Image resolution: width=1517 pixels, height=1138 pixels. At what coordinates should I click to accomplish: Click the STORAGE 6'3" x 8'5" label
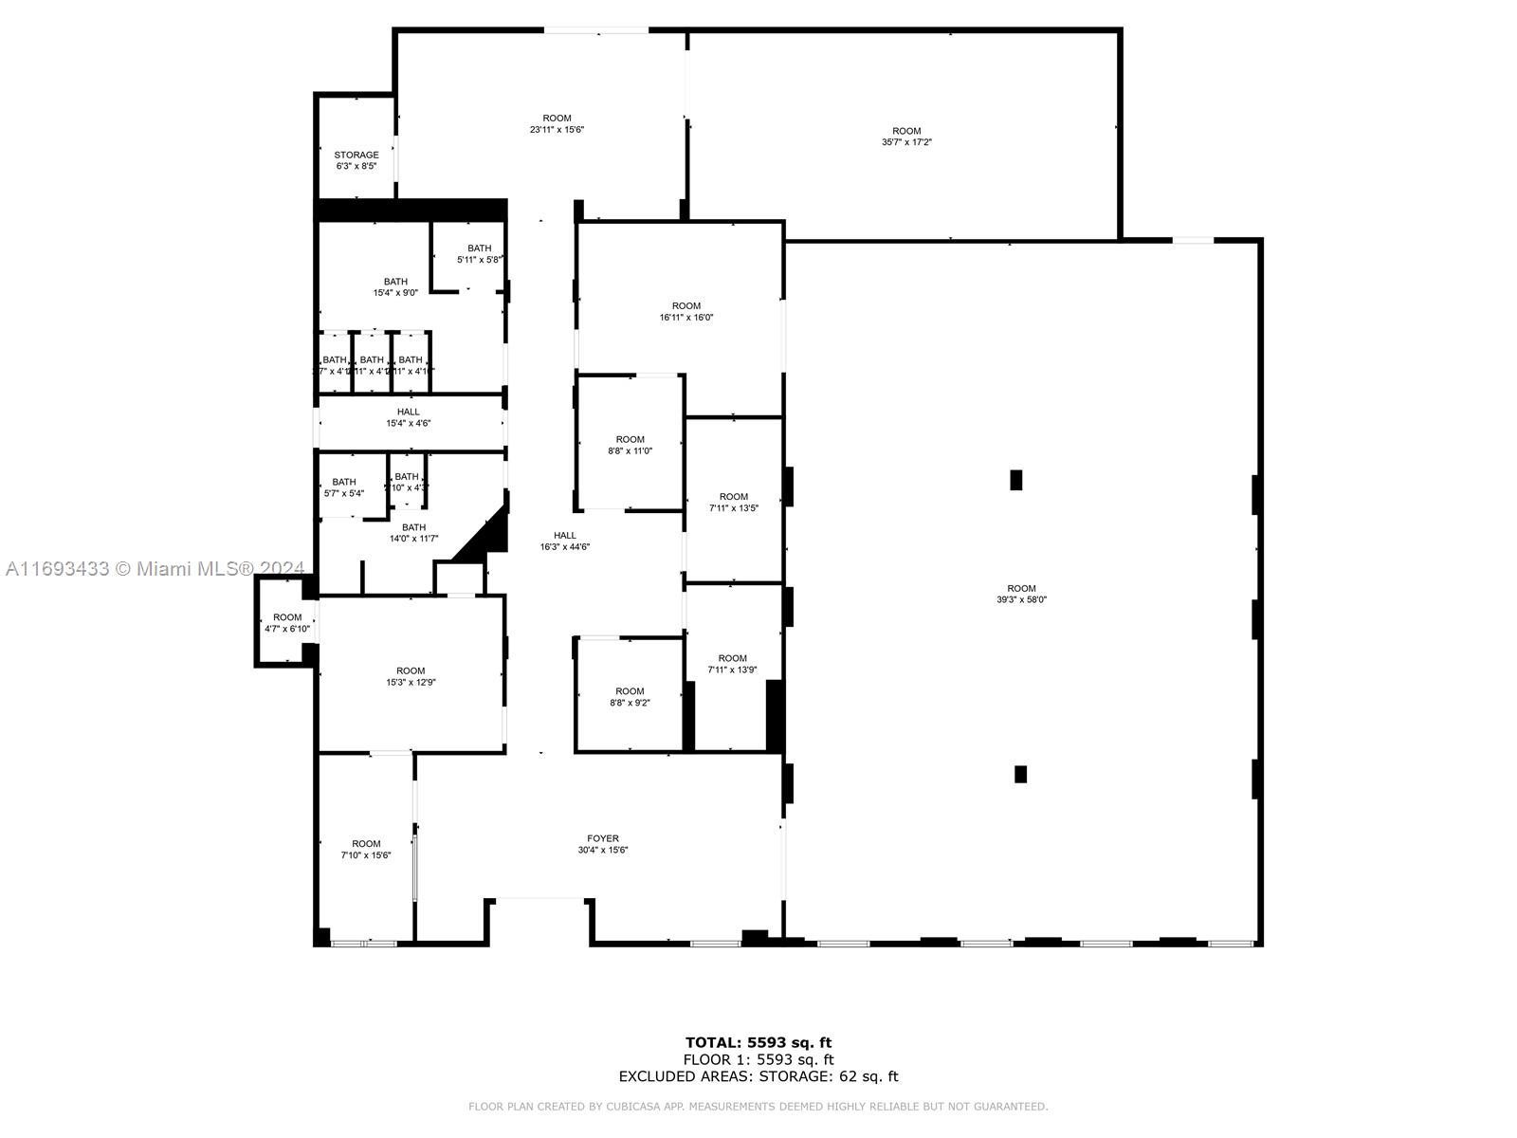356,160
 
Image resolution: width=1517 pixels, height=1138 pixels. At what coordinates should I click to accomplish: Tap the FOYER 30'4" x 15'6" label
603,844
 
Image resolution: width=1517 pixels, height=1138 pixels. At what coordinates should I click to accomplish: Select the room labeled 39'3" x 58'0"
1021,594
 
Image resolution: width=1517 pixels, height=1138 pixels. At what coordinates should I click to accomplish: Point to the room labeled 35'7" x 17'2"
906,137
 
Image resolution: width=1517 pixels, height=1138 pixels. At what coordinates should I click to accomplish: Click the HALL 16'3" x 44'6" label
565,541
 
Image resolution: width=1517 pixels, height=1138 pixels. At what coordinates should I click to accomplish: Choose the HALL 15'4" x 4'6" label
409,417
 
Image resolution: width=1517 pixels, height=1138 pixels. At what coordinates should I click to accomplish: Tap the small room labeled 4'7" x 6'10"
287,623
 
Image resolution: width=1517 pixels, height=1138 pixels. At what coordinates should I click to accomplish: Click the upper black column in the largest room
1016,480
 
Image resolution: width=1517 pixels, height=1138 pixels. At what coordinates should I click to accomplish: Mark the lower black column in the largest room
1020,774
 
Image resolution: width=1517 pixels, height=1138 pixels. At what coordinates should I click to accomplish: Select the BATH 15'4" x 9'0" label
395,287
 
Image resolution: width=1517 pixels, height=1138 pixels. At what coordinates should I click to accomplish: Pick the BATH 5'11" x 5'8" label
479,253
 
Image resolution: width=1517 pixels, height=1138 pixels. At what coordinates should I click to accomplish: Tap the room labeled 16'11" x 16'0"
686,312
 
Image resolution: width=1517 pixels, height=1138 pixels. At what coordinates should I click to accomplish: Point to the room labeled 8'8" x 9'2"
630,697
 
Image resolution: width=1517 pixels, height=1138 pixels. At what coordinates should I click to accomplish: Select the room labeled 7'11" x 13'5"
734,502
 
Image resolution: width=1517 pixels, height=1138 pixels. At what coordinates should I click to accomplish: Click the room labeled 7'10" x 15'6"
366,849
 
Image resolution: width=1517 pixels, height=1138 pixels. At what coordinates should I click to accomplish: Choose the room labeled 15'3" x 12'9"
411,676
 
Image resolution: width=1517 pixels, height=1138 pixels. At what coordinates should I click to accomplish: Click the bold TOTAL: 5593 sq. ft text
758,1043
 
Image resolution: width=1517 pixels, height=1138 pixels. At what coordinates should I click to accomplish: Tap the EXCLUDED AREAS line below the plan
758,1076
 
